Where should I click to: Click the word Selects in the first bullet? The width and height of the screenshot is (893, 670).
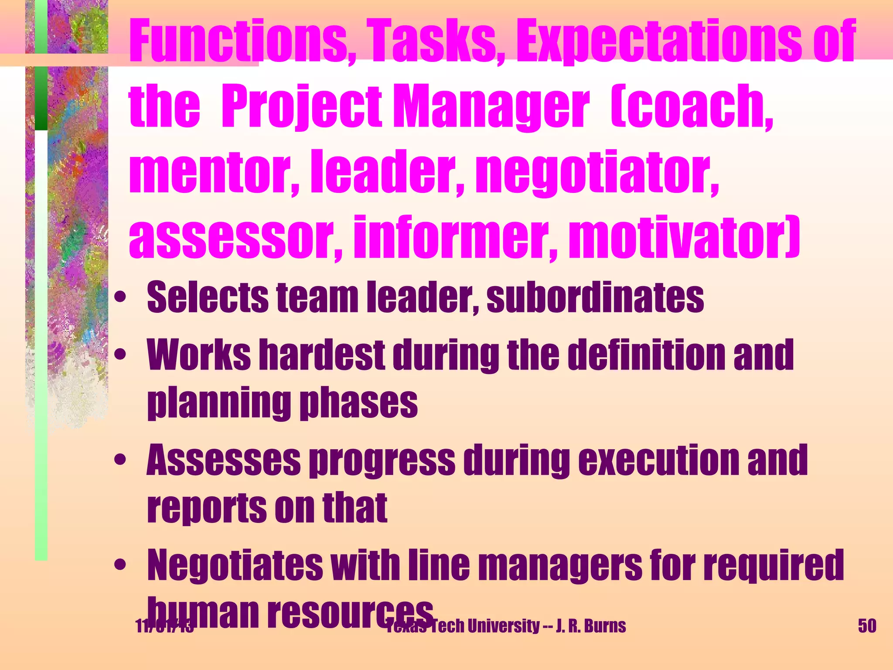tap(208, 297)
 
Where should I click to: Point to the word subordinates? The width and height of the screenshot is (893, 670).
tap(595, 297)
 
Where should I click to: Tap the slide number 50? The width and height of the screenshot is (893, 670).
tap(867, 626)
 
